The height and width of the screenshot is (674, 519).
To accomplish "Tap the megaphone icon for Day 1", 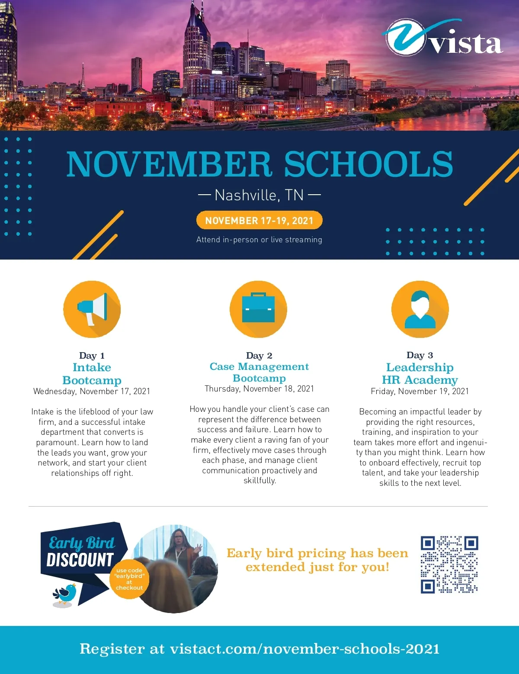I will (92, 309).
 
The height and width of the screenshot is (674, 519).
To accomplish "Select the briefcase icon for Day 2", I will (259, 308).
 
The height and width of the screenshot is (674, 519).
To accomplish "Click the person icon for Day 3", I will (420, 309).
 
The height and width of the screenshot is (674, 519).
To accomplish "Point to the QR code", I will (449, 565).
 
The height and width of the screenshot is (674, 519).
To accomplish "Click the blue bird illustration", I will (65, 594).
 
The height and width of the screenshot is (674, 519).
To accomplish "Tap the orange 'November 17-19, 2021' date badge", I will (259, 221).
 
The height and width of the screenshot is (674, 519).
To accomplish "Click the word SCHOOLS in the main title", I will (368, 164).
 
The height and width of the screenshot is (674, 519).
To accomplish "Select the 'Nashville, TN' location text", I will (259, 196).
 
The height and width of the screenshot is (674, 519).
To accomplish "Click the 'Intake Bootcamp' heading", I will (92, 374).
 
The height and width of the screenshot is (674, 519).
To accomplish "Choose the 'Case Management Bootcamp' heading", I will (259, 372).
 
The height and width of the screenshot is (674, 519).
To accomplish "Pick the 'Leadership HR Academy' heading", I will (420, 373).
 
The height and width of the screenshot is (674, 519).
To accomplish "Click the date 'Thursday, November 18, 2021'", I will (259, 389).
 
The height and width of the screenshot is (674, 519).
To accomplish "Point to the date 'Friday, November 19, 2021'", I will (420, 392).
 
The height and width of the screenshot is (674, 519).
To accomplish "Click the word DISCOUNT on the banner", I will (80, 560).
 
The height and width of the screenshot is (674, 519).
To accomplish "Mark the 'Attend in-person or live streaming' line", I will (259, 240).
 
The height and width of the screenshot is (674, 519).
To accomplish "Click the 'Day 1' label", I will (92, 356).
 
